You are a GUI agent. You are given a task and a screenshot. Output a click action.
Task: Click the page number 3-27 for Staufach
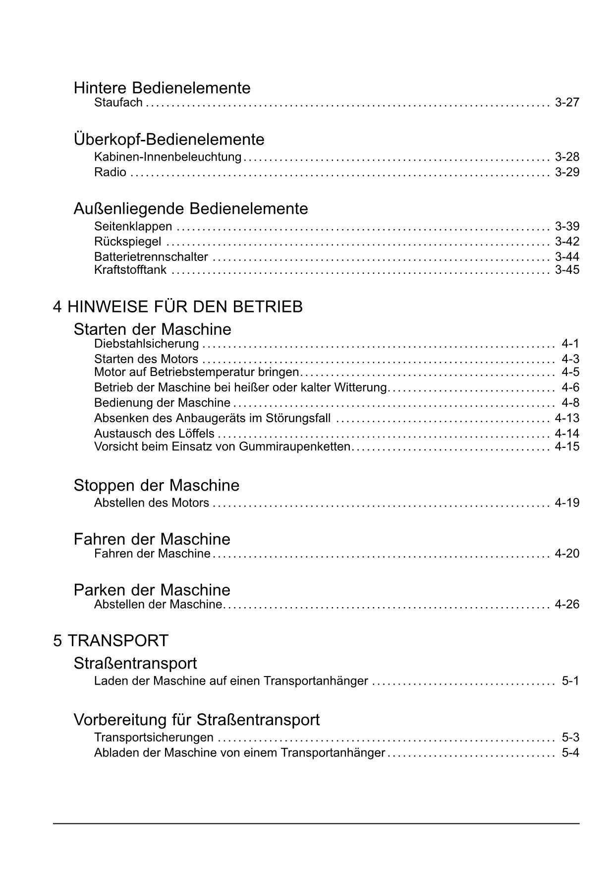[x=567, y=103]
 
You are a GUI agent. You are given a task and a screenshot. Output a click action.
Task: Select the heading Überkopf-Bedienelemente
[x=169, y=139]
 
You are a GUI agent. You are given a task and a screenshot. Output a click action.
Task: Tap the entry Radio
[x=110, y=172]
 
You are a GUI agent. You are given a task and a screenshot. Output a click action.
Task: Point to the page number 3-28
[x=567, y=157]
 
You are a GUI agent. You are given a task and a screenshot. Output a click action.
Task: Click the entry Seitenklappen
[x=133, y=227]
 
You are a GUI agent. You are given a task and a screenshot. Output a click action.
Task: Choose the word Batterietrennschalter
[x=151, y=257]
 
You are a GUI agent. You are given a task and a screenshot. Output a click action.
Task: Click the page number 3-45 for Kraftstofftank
[x=567, y=270]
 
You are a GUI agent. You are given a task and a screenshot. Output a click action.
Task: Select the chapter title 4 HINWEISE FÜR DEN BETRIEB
[x=178, y=307]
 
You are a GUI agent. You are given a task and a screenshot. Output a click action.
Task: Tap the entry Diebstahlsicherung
[x=146, y=344]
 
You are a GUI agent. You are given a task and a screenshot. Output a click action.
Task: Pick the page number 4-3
[x=570, y=359]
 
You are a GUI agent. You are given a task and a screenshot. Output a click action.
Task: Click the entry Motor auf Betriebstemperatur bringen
[x=196, y=373]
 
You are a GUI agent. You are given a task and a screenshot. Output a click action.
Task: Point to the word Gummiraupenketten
[x=294, y=446]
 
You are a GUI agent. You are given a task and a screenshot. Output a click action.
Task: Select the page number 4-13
[x=567, y=418]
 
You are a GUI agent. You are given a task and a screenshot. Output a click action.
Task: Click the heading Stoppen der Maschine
[x=156, y=485]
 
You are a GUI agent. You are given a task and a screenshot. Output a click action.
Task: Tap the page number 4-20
[x=567, y=554]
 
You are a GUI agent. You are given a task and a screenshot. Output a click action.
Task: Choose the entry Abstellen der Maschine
[x=158, y=605]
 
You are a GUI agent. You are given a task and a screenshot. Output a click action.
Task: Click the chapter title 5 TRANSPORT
[x=111, y=641]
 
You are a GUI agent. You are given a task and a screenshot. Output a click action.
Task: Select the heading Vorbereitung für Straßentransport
[x=196, y=720]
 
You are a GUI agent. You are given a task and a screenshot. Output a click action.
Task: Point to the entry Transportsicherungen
[x=154, y=738]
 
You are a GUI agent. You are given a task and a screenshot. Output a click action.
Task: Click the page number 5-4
[x=570, y=753]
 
